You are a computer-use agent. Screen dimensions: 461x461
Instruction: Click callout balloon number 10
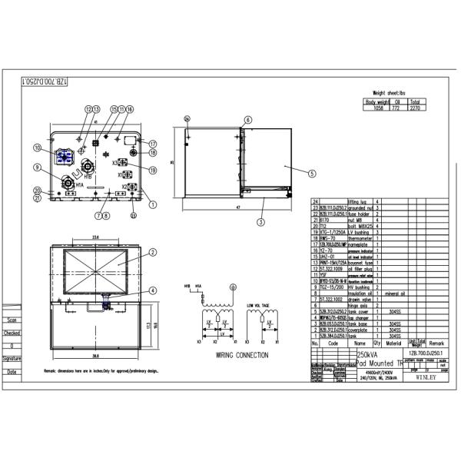[37, 147]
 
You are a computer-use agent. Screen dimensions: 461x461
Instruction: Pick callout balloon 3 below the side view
[261, 222]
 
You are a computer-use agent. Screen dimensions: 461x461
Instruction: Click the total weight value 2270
[414, 108]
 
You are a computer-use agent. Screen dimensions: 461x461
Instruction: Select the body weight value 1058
[376, 108]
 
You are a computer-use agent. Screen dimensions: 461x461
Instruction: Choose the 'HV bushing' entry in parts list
[361, 287]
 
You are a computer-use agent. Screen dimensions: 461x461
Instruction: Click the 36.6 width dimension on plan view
[95, 357]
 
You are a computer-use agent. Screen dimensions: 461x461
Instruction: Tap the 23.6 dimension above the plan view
[95, 237]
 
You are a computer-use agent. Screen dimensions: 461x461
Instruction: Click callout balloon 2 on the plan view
[152, 252]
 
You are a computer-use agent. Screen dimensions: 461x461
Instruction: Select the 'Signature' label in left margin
[11, 359]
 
